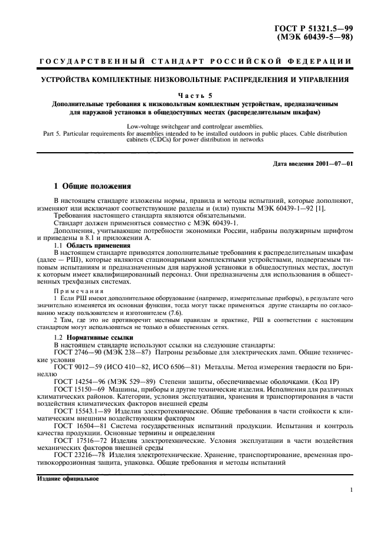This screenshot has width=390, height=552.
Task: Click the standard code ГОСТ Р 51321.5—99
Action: point(316,28)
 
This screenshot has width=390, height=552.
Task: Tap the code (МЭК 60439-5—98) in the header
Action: point(316,37)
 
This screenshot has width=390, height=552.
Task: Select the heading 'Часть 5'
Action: point(195,93)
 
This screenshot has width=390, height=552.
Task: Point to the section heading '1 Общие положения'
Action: point(93,186)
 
